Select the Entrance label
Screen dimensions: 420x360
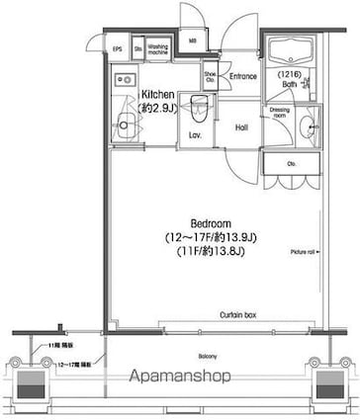tap(243, 76)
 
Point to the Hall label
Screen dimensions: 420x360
tap(241, 127)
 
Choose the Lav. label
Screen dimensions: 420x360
tap(195, 135)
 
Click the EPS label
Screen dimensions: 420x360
tap(117, 46)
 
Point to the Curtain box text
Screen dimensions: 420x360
tap(238, 314)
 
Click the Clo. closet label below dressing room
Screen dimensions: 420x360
tap(290, 164)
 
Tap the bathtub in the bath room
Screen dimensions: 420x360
tap(292, 56)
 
